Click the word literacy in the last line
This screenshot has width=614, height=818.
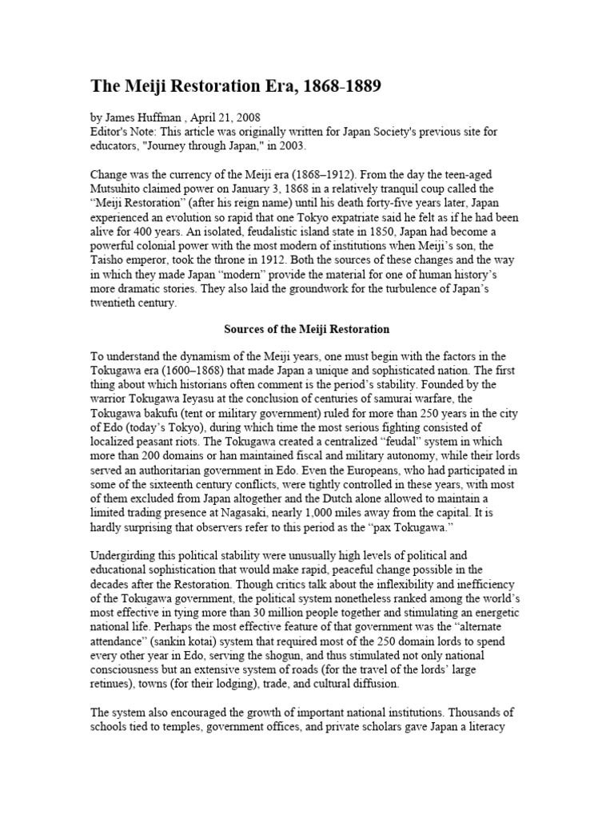(483, 730)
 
